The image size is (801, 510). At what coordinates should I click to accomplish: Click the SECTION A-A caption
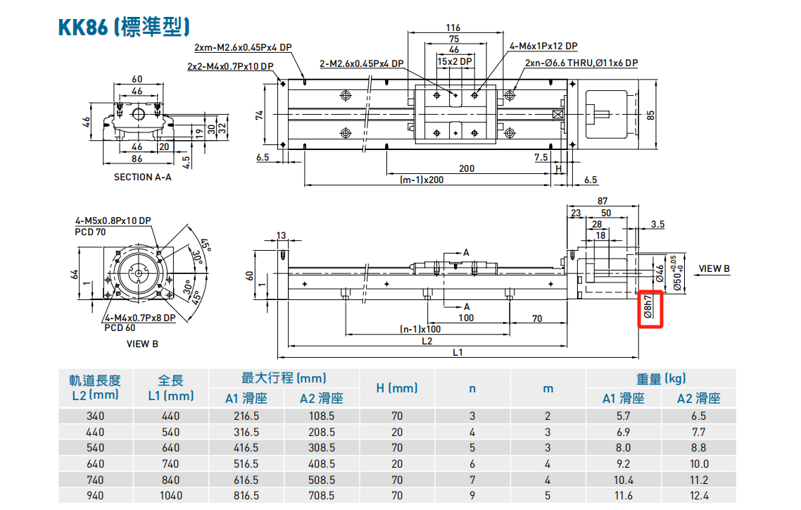142,178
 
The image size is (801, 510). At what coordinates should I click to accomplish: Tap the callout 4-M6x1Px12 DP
543,46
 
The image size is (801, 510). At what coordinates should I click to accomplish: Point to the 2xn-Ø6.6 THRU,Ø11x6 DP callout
581,63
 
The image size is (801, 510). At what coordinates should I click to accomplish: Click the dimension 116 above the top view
454,28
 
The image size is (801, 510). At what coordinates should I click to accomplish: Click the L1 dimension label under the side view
458,352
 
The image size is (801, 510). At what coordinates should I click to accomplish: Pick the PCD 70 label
90,230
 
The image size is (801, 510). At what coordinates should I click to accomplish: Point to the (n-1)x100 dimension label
420,329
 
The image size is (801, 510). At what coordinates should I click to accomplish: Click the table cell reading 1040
170,495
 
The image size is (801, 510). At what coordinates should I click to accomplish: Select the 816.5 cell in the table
246,495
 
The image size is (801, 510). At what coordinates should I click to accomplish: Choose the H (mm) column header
397,388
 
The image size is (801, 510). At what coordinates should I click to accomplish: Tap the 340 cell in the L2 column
95,416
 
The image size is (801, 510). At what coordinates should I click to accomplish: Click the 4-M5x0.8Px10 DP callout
113,220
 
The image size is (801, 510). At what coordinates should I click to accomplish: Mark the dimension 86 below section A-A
137,160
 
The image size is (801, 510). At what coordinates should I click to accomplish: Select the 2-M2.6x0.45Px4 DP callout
362,63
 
